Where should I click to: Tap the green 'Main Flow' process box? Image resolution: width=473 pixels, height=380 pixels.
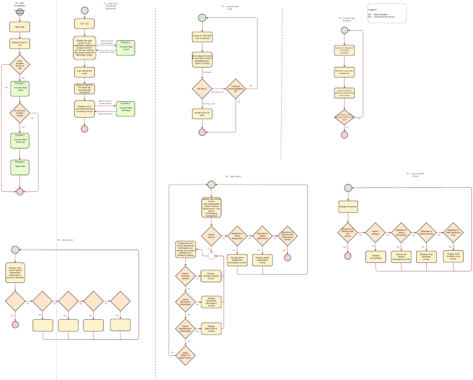click(19, 165)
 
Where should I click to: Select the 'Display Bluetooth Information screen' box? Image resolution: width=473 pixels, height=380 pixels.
click(211, 302)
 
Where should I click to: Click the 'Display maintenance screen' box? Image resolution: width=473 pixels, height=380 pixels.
click(211, 327)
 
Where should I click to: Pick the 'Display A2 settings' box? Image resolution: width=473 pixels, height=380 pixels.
click(373, 256)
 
